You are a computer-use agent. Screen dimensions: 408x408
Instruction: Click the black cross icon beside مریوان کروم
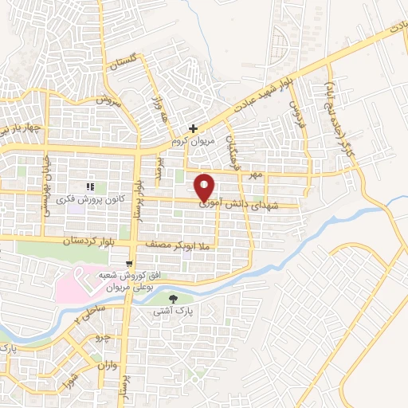click(x=193, y=127)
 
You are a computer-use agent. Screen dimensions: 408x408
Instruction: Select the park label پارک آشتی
click(x=175, y=312)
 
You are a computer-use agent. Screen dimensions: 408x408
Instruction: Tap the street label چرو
click(x=101, y=337)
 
